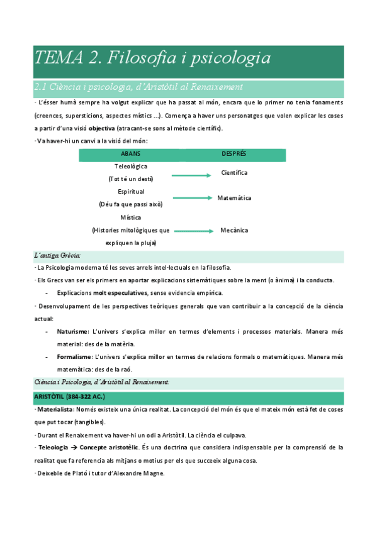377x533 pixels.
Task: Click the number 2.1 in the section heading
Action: [41, 87]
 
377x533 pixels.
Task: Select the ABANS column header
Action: [131, 153]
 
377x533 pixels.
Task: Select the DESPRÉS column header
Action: [234, 153]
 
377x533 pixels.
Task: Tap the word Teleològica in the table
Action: [131, 167]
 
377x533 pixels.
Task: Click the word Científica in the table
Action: [234, 172]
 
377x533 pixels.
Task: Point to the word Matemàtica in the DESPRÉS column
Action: [234, 198]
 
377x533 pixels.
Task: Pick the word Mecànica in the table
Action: [234, 230]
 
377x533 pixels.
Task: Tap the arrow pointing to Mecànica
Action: [196, 231]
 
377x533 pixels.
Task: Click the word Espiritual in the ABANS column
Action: [131, 192]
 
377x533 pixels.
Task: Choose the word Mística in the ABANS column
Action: [131, 217]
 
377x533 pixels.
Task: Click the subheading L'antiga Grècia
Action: [57, 256]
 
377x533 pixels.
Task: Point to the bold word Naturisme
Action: [72, 331]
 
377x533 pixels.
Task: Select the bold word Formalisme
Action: [74, 356]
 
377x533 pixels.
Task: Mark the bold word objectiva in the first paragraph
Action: [101, 128]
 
